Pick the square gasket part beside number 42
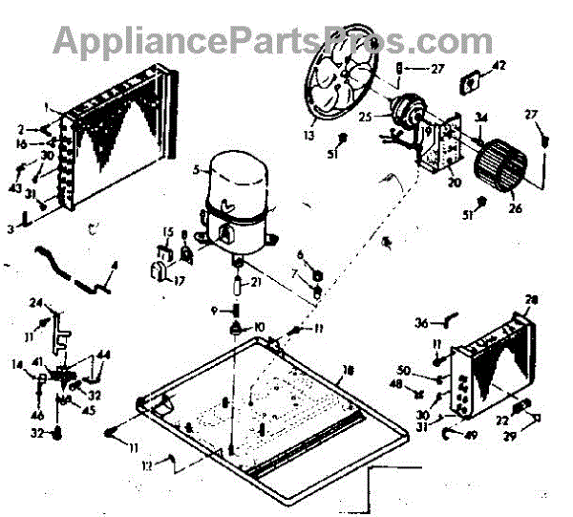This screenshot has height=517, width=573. coord(470,83)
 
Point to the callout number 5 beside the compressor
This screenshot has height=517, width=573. coord(194,171)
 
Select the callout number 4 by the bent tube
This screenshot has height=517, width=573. coord(114,265)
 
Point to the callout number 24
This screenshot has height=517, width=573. coord(35,304)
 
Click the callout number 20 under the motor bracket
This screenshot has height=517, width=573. coord(454,183)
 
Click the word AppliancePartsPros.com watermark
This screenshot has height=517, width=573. coord(272,39)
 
